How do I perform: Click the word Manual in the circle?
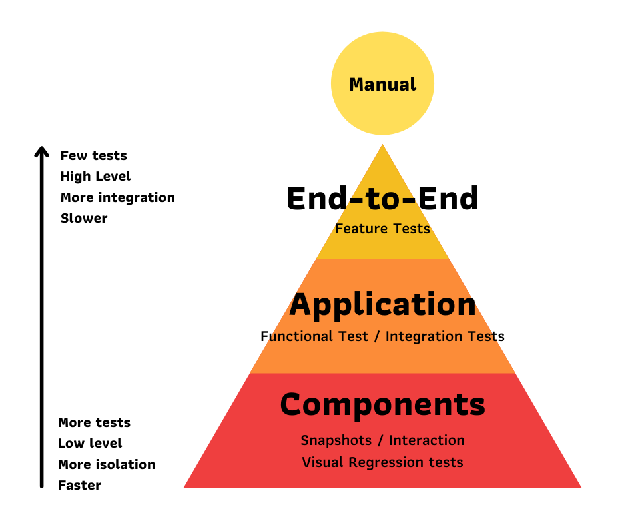click(x=382, y=85)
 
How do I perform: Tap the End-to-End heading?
click(x=382, y=199)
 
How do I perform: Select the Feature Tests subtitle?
click(x=382, y=229)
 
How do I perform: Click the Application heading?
click(x=382, y=305)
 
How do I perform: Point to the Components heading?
click(x=382, y=405)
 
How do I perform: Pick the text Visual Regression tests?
click(x=382, y=462)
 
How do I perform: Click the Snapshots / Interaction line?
click(x=382, y=440)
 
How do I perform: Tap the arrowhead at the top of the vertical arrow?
click(x=42, y=151)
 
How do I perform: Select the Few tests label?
click(x=93, y=155)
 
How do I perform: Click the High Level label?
click(x=95, y=176)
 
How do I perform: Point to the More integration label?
click(x=117, y=197)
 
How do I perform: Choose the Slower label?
click(x=83, y=218)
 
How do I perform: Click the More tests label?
click(x=94, y=422)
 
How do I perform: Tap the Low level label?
click(x=90, y=443)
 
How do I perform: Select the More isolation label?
click(x=107, y=464)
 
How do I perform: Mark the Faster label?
click(x=79, y=485)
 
